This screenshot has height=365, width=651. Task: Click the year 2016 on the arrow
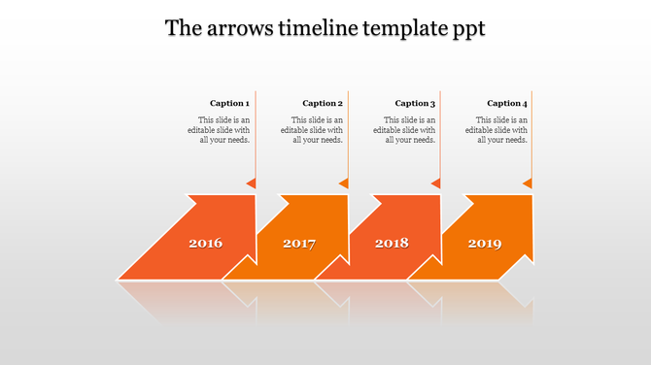coord(206,243)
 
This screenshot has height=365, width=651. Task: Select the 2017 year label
coord(299,243)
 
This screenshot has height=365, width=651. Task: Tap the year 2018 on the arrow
coord(392,243)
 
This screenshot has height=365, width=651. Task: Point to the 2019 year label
coord(485,243)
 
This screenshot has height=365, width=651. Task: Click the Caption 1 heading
coord(229,103)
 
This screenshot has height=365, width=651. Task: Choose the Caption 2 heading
coord(323,103)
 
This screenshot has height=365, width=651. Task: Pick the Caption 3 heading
coord(415,103)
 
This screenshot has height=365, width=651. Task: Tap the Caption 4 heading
coord(507,103)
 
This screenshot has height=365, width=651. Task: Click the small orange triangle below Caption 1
coord(252,182)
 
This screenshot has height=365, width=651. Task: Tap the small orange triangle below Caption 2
coord(344,182)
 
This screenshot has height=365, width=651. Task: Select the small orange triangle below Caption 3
coord(436,182)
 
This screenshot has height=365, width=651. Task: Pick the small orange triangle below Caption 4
coord(529,182)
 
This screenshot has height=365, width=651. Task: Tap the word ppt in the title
coord(466,29)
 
